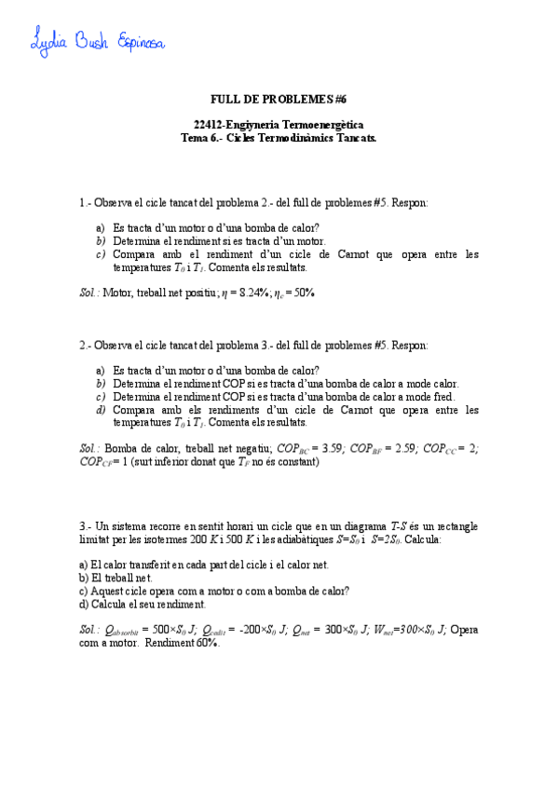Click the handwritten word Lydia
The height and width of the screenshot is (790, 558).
pyautogui.click(x=52, y=42)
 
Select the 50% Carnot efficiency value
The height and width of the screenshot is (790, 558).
pyautogui.click(x=300, y=293)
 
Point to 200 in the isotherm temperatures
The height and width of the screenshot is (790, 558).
pyautogui.click(x=196, y=539)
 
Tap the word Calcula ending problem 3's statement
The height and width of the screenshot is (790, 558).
pyautogui.click(x=421, y=539)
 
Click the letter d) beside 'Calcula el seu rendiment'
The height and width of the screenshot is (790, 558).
pyautogui.click(x=84, y=604)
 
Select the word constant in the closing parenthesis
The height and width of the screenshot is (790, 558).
pyautogui.click(x=295, y=461)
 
